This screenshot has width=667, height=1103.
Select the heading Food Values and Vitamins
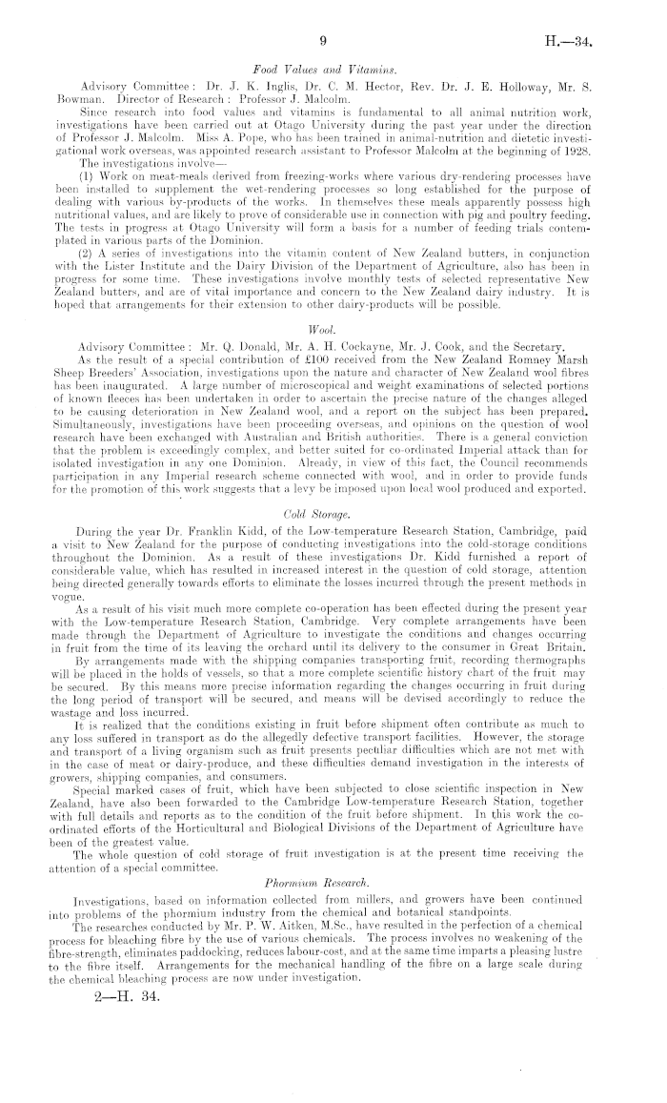325,69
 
